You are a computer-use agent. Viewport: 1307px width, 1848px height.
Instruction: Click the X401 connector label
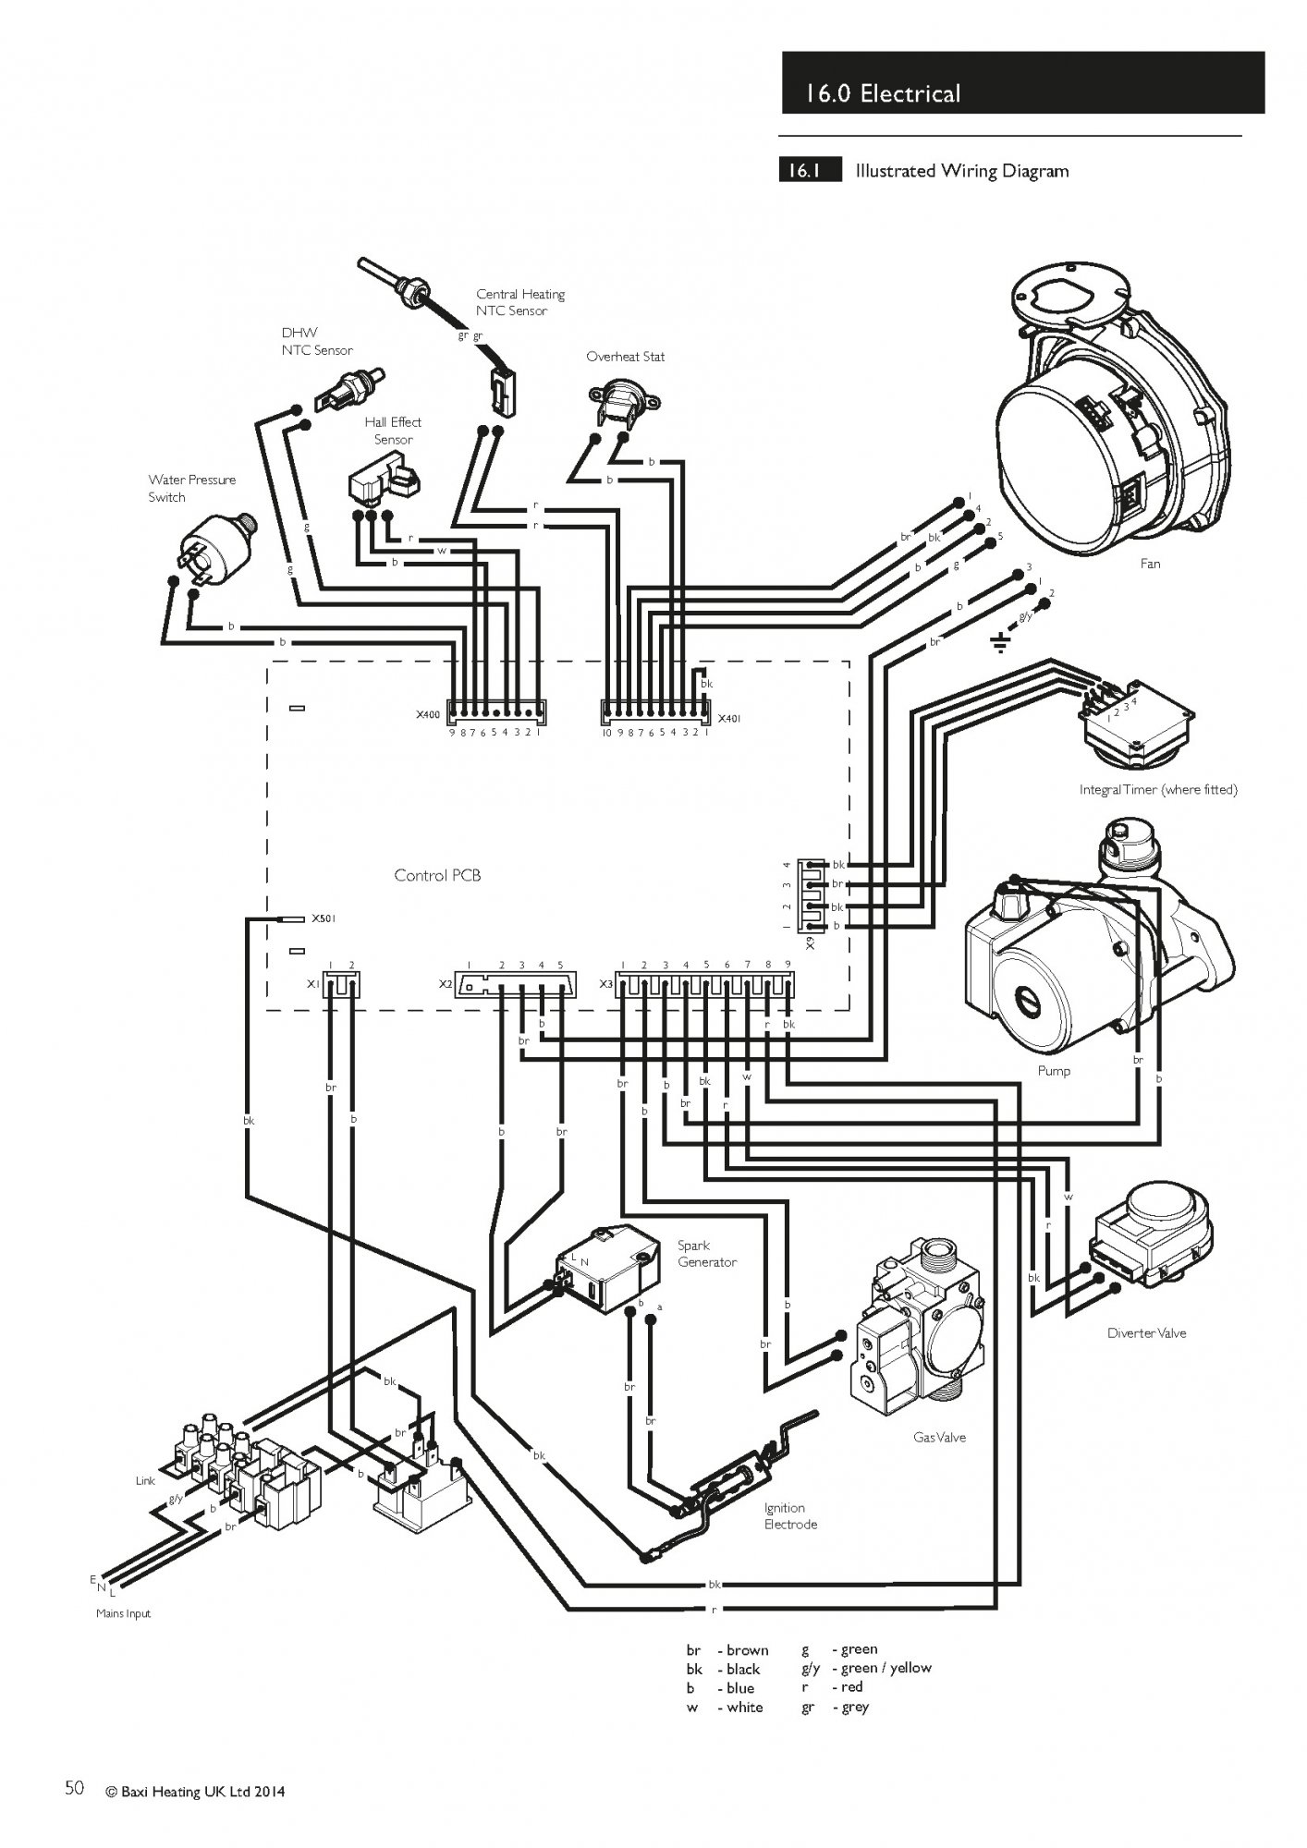point(729,718)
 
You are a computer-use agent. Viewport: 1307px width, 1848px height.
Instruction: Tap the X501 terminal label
point(324,918)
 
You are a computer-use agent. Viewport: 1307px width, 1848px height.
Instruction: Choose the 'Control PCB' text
point(437,875)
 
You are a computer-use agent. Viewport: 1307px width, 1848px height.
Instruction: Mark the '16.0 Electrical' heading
point(883,93)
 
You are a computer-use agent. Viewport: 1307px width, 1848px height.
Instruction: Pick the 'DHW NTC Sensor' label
point(317,341)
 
